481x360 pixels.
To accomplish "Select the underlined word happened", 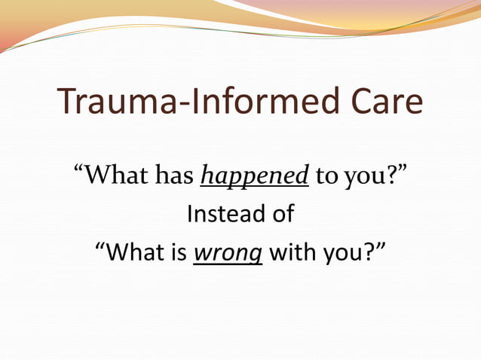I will coord(255,176).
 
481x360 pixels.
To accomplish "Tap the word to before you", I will coord(326,177).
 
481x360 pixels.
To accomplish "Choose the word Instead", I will coord(217,215).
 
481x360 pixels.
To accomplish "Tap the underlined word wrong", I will coord(228,254).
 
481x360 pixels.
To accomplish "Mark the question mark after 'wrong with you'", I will coord(369,252).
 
